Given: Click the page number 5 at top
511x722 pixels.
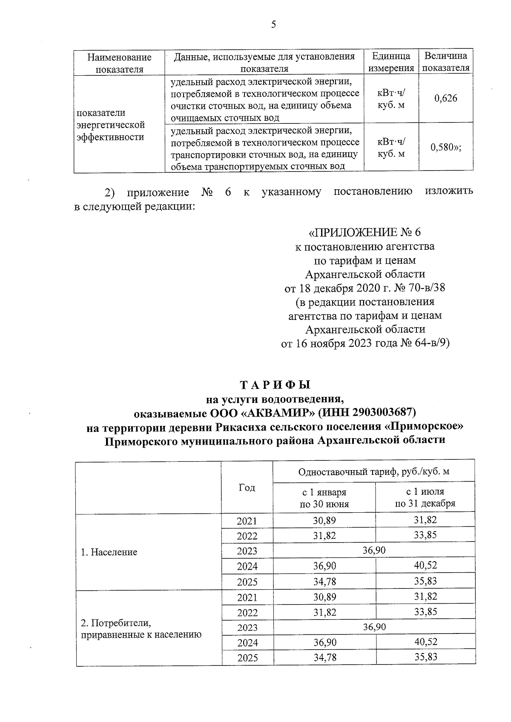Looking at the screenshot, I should (273, 25).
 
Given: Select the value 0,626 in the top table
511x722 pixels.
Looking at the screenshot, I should (445, 99).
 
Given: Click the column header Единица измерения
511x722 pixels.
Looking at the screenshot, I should (391, 62).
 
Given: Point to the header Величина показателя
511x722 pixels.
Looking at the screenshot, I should (446, 62).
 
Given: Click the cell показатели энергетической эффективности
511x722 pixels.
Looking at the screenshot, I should (111, 125).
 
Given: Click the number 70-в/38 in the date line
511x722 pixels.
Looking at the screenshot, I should (427, 288).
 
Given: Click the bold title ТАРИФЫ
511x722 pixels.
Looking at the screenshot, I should (276, 385).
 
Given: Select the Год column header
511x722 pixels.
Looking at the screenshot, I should (247, 488).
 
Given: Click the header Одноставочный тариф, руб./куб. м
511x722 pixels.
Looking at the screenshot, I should (374, 471).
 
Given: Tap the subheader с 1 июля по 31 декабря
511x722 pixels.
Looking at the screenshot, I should (425, 498).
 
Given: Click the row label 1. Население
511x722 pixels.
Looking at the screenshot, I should (109, 552).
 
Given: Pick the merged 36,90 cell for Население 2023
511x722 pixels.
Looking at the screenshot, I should (374, 550).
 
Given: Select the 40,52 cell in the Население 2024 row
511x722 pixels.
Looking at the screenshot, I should (425, 565).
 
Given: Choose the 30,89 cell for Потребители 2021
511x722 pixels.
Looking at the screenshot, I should (324, 597).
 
